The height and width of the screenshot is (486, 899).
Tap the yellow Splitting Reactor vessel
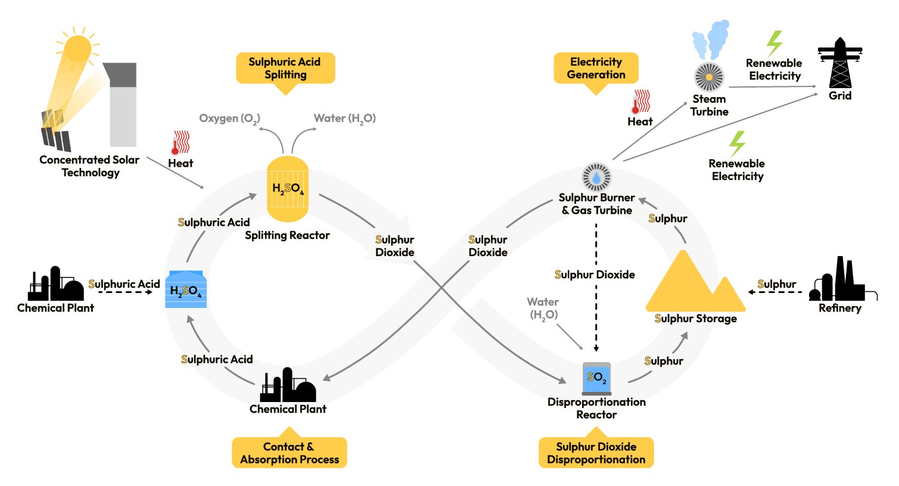click(x=288, y=189)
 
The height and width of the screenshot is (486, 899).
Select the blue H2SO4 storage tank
click(x=186, y=290)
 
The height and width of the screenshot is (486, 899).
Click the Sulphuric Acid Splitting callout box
click(x=285, y=68)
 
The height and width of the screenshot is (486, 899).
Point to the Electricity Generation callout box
click(x=596, y=68)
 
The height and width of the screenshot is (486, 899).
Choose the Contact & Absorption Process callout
click(x=290, y=453)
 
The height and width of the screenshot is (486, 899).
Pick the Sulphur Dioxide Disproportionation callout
click(x=596, y=453)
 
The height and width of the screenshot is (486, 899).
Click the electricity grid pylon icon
click(x=840, y=63)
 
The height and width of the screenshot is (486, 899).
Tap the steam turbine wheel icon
click(x=709, y=77)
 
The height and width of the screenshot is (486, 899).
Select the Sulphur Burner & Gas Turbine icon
click(x=596, y=177)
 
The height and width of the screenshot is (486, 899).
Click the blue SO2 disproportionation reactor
click(x=596, y=378)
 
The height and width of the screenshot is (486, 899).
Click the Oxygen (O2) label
click(x=229, y=119)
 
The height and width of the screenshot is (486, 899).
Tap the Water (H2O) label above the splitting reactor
click(x=345, y=119)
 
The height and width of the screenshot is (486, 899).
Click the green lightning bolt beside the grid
click(x=774, y=43)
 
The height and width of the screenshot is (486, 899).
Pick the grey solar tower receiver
click(x=123, y=104)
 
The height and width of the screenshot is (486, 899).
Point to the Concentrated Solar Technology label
click(x=89, y=166)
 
